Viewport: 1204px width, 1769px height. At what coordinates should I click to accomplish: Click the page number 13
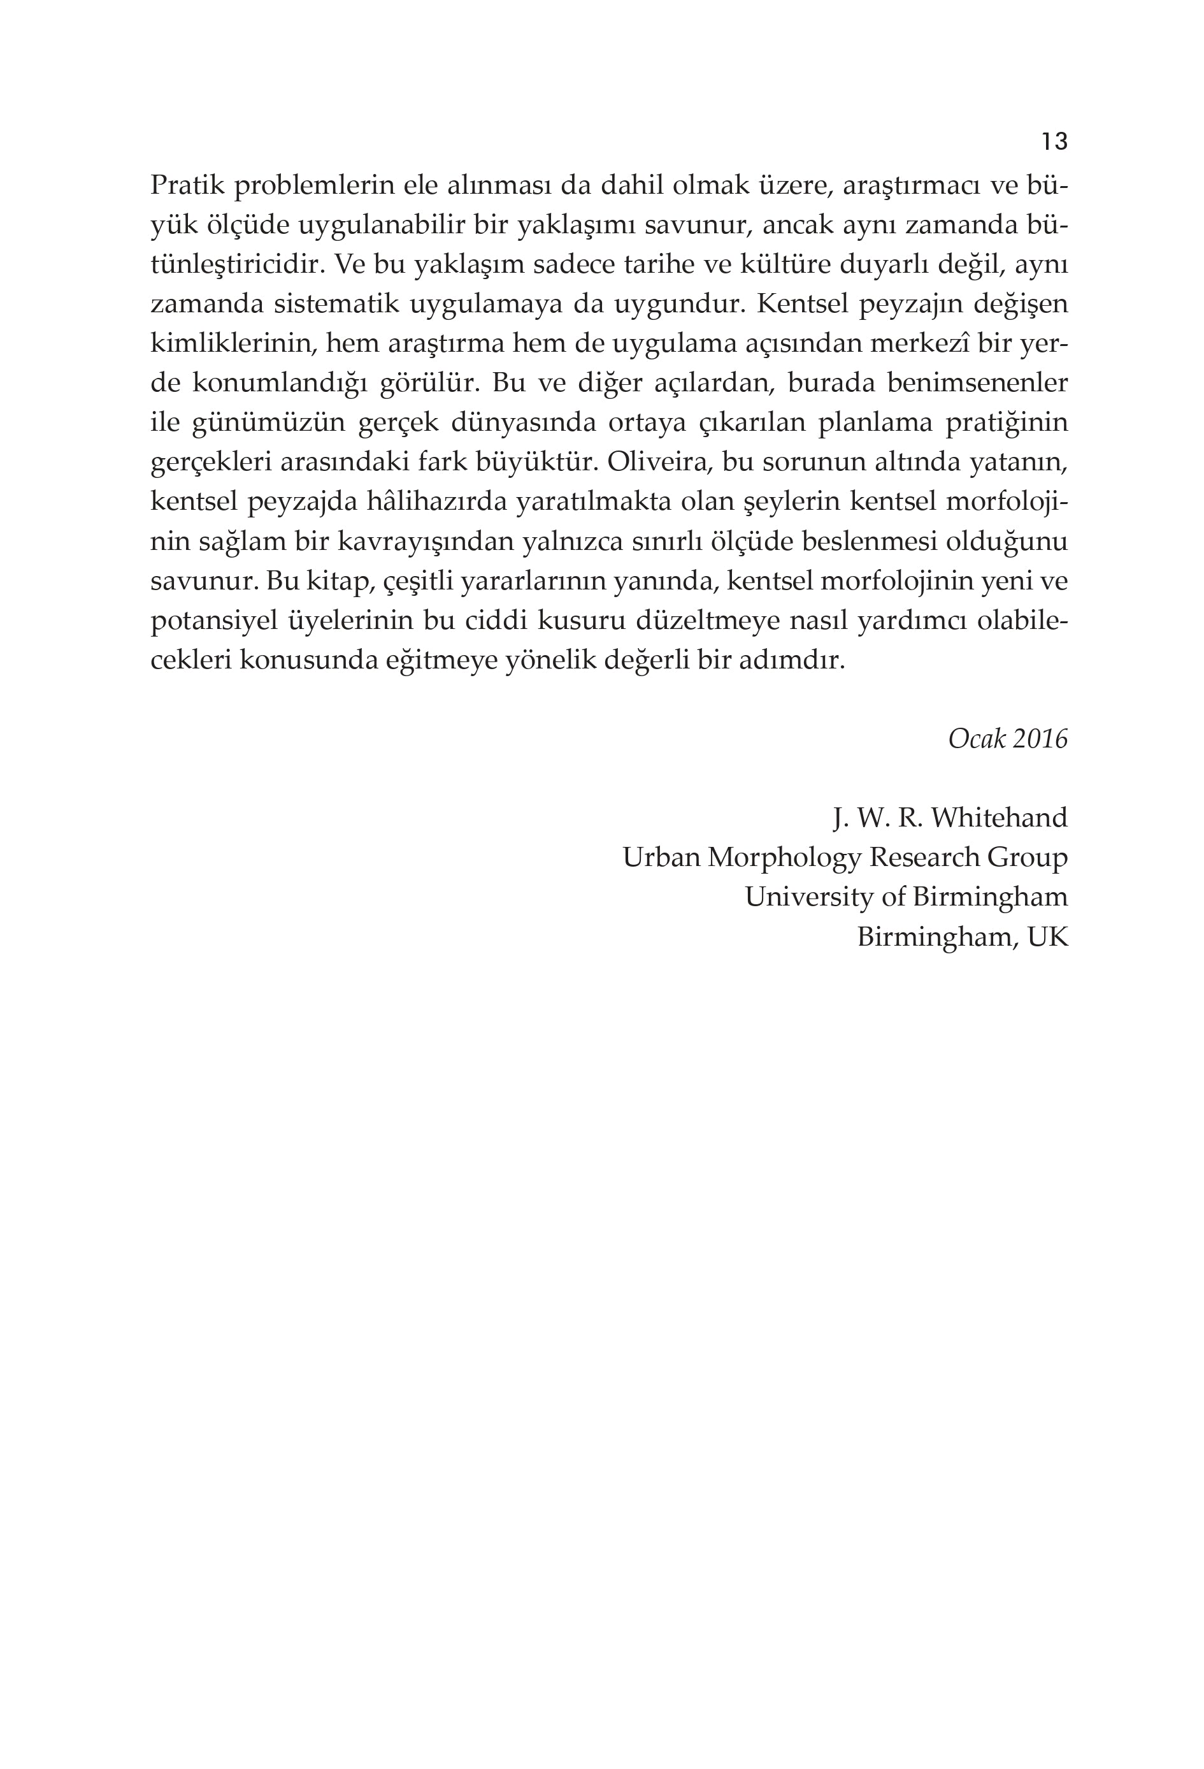[x=1054, y=141]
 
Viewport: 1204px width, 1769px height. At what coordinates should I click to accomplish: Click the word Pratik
[x=185, y=185]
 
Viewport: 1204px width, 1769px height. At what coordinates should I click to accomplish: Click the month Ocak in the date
[x=977, y=739]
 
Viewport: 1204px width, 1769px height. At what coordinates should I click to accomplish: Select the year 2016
[x=1040, y=739]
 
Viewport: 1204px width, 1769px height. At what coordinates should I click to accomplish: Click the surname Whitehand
[x=1000, y=818]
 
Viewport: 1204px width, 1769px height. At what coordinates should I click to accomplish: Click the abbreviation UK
[x=1047, y=937]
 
